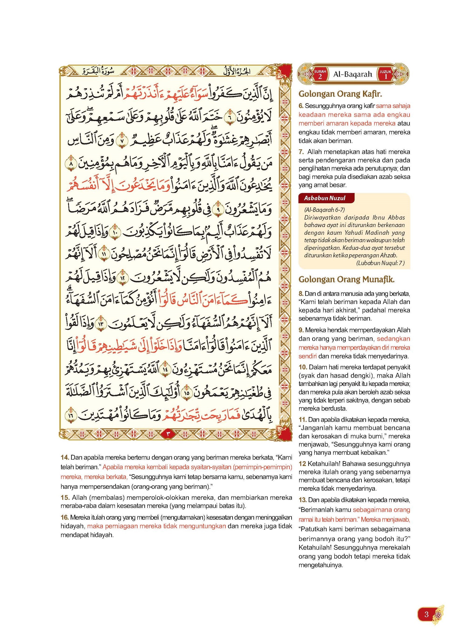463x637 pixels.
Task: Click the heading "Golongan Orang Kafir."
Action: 340,94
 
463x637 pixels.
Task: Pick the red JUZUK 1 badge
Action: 385,74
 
